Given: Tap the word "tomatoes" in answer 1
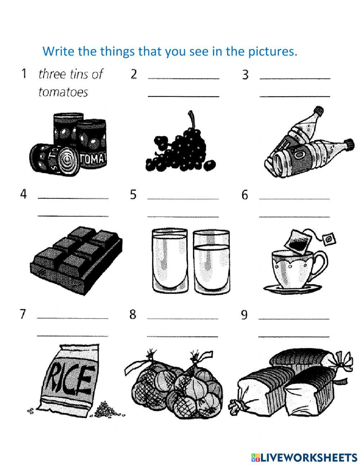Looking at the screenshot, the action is (x=63, y=93).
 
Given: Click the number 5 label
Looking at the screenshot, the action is (x=133, y=195).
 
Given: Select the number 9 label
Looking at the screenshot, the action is (x=244, y=315).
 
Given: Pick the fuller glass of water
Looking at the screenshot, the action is (x=170, y=260).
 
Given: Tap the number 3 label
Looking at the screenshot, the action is (x=245, y=75).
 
